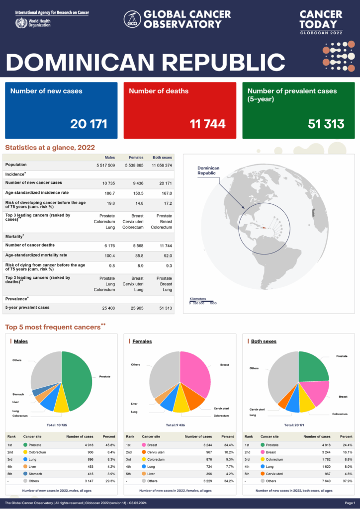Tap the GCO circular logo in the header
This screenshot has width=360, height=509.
pos(132,18)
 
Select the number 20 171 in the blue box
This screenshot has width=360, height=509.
pos(89,124)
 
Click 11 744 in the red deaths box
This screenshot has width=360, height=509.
pos(207,124)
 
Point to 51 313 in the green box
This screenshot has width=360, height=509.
pos(326,124)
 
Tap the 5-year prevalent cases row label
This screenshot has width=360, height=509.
pos(27,308)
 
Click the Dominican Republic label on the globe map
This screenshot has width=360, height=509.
pos(208,170)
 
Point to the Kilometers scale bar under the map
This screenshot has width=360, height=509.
pos(202,301)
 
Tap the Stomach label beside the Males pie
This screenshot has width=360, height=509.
pos(18,394)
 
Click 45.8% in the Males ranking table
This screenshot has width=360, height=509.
pos(109,444)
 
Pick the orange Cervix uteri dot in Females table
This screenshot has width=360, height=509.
pos(144,452)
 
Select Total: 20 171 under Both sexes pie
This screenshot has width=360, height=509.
pos(298,425)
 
